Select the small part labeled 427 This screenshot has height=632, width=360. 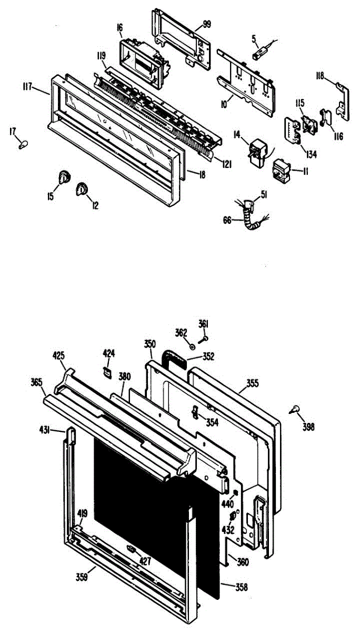tap(132, 550)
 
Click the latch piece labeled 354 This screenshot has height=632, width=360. tap(195, 412)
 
